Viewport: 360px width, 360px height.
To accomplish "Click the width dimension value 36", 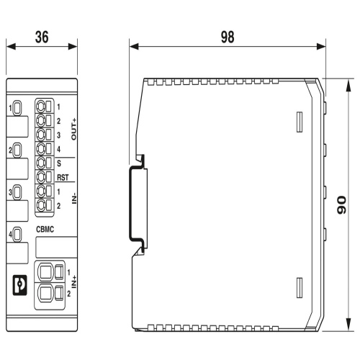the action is pos(42,37).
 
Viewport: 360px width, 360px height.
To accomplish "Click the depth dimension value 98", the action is pos(228,37).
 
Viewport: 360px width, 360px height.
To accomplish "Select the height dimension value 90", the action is pos(341,205).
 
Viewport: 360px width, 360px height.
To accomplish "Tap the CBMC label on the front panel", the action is pos(45,230).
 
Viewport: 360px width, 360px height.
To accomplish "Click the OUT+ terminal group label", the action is pos(74,129).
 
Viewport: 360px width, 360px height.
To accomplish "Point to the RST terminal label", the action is pos(63,178).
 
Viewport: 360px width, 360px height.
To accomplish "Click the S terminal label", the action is pos(59,163).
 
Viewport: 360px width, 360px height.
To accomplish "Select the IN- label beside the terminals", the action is pos(74,197).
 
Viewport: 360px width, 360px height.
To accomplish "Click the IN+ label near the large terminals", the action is pos(74,282).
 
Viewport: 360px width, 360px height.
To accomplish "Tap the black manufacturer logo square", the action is pos(19,285).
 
